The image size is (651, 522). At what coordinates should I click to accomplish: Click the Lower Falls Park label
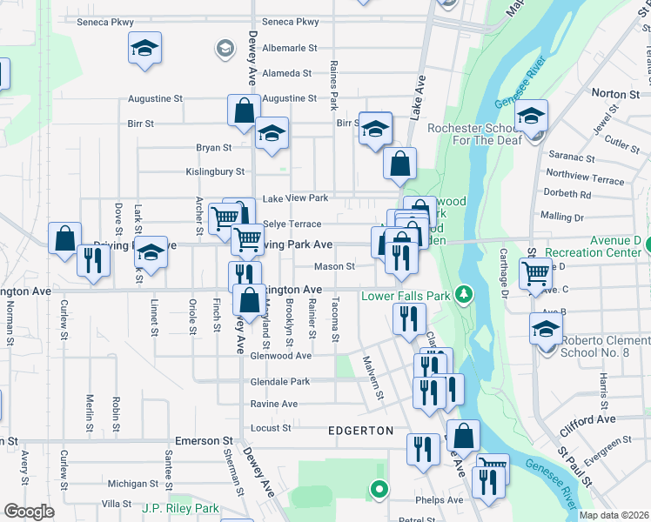pyautogui.click(x=405, y=296)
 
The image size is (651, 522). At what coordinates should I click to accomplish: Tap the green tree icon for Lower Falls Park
pyautogui.click(x=465, y=295)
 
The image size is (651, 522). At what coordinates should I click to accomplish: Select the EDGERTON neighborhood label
pyautogui.click(x=361, y=431)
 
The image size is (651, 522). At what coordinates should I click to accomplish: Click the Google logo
pyautogui.click(x=29, y=511)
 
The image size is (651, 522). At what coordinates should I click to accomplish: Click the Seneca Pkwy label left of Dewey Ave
pyautogui.click(x=105, y=22)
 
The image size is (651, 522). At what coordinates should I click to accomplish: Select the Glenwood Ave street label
pyautogui.click(x=280, y=355)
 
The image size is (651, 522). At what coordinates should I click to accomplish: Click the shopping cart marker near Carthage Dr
pyautogui.click(x=535, y=273)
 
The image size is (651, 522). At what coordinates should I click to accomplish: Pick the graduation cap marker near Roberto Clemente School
pyautogui.click(x=547, y=330)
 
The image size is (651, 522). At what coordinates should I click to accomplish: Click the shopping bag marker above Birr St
pyautogui.click(x=244, y=110)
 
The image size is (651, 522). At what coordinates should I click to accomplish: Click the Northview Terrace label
pyautogui.click(x=584, y=178)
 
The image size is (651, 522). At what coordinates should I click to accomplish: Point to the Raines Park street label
pyautogui.click(x=333, y=85)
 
